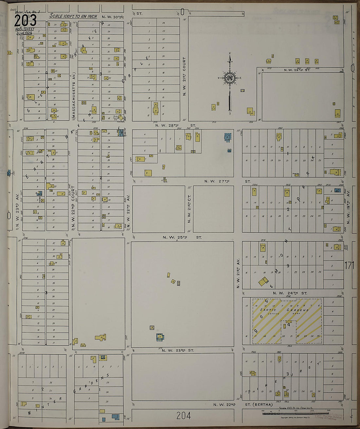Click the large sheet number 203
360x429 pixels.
(25, 21)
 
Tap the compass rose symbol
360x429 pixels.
(230, 78)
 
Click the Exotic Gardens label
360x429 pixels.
(284, 310)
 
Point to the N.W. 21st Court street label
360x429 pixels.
(184, 76)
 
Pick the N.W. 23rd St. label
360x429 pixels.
(178, 350)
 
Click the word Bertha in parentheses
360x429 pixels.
(262, 405)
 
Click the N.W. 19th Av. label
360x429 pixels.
(348, 206)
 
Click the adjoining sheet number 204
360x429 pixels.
(183, 416)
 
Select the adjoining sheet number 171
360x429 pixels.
(349, 265)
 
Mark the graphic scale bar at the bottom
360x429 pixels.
(295, 414)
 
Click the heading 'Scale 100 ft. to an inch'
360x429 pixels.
(73, 16)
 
